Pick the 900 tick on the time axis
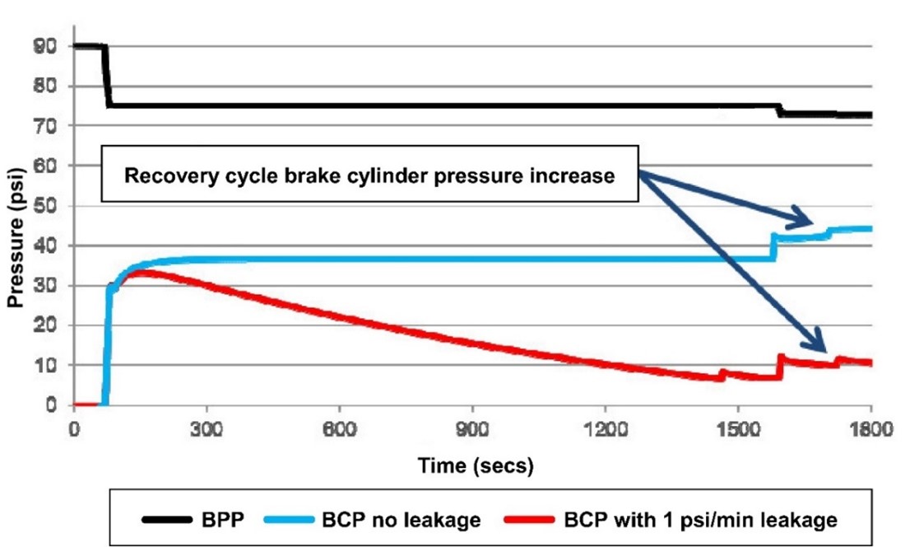pos(472,429)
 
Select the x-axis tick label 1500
pos(738,429)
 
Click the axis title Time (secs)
pos(475,466)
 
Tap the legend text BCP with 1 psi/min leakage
pos(700,520)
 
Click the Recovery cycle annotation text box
pos(369,176)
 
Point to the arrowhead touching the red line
pos(819,346)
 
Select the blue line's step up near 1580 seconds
pos(773,247)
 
